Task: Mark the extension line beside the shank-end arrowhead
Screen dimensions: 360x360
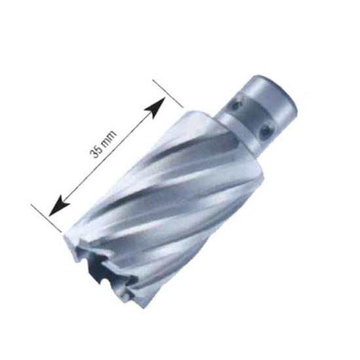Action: coord(168,95)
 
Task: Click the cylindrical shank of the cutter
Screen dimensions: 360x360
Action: coord(265,105)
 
